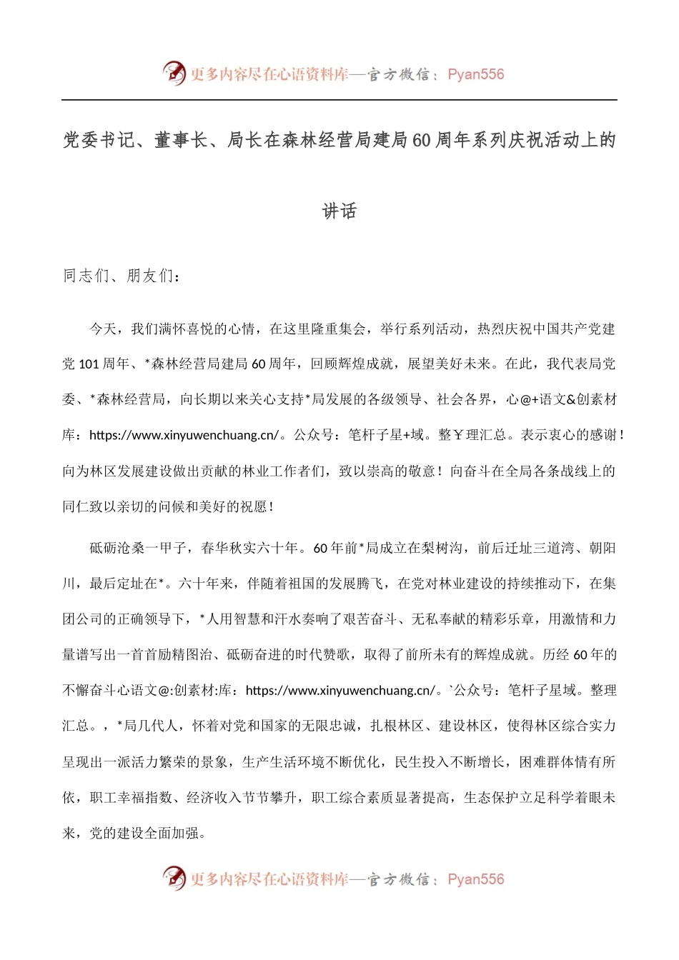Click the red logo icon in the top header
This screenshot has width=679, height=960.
point(174,73)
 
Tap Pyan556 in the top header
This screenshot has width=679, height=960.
point(475,74)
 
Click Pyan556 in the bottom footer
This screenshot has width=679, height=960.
point(475,879)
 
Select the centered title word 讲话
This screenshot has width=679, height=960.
point(339,211)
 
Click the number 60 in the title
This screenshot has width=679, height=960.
point(422,140)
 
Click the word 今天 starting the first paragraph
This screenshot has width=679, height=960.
point(102,329)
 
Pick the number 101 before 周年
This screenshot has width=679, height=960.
point(89,364)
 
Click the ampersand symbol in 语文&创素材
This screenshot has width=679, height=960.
point(571,399)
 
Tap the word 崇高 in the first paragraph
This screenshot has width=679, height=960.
point(388,471)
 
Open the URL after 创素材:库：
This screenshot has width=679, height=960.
point(339,691)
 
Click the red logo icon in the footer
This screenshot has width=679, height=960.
point(174,878)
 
